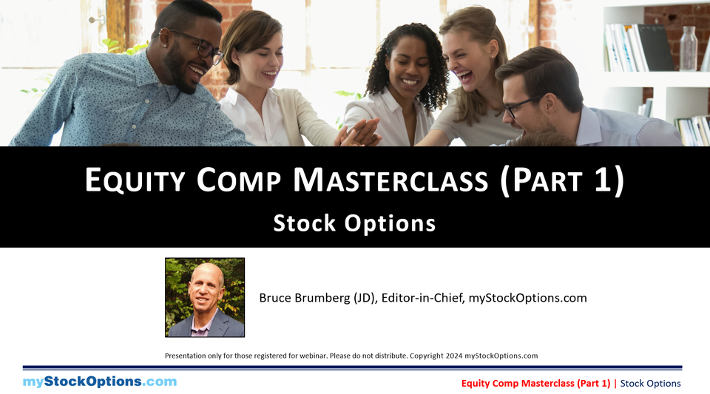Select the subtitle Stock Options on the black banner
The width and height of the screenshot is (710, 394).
(x=354, y=223)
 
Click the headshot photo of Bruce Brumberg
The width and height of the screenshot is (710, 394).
(x=205, y=297)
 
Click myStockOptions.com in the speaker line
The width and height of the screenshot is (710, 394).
(x=527, y=298)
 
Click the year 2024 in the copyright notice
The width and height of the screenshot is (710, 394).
(x=454, y=356)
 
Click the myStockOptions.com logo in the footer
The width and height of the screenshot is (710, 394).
(x=100, y=381)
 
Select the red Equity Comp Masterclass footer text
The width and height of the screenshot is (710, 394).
(x=535, y=383)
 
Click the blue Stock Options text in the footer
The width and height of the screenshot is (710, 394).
(x=650, y=383)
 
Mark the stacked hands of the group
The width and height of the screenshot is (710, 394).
(x=359, y=133)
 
